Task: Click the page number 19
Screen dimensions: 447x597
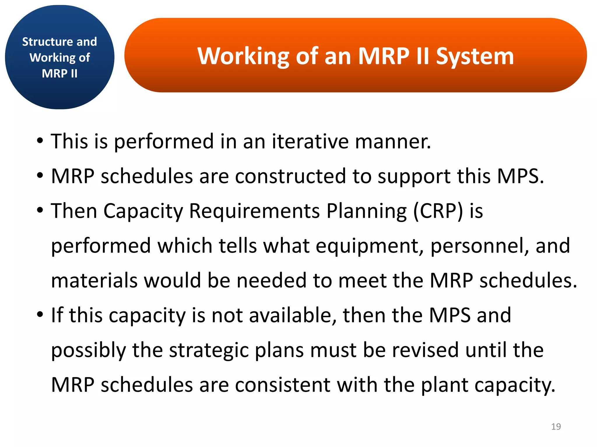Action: pos(556,426)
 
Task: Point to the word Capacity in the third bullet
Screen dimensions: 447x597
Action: pos(143,211)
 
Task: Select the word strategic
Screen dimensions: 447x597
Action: pos(209,350)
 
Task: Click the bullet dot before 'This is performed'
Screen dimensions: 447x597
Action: pos(40,141)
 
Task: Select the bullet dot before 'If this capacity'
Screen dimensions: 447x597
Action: pos(40,315)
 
